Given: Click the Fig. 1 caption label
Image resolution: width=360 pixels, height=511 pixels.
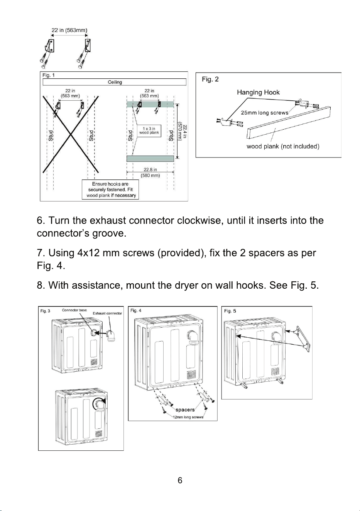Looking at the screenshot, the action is (49, 75).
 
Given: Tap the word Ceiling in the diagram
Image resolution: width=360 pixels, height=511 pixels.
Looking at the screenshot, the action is (115, 82).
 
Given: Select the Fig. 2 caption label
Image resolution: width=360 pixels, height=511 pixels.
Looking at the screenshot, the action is (210, 80).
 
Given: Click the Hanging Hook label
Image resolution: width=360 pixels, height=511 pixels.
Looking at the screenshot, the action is (258, 92).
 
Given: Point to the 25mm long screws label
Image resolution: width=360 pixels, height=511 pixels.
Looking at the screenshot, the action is (265, 113).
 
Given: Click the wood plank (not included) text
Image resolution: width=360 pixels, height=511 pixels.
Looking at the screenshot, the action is (283, 146).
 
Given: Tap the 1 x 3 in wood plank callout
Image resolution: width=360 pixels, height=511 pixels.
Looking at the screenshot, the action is (149, 131).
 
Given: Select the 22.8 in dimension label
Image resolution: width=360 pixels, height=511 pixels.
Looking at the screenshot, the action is (150, 169).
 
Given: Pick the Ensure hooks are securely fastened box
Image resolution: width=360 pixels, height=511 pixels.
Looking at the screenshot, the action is (110, 190).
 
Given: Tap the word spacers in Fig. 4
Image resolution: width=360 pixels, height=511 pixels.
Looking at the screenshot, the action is (185, 410).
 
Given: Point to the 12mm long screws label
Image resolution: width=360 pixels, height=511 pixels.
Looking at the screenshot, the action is (188, 417).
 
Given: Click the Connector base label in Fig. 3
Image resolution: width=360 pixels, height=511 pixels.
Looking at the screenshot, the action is (74, 310).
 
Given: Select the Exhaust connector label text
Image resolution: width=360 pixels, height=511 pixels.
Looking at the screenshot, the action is (107, 313).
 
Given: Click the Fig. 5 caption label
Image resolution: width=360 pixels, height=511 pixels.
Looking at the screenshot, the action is (230, 311).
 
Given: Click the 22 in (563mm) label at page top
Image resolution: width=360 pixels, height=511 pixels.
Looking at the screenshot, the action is (69, 30).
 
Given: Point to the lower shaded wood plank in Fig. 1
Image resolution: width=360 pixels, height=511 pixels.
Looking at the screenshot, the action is (150, 159).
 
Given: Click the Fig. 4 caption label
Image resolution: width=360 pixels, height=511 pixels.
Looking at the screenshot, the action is (136, 310).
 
